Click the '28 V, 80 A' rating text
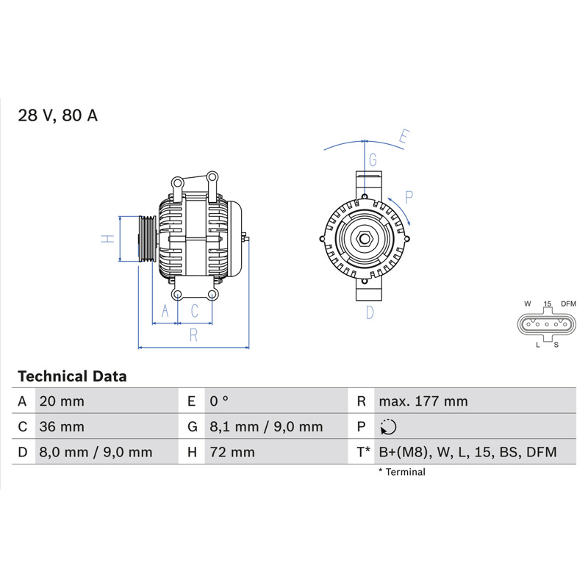[x=58, y=115]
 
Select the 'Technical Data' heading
[x=72, y=376]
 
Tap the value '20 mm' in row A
[x=62, y=401]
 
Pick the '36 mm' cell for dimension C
[x=62, y=427]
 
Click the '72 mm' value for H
[x=232, y=452]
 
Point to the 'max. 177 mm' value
[x=423, y=401]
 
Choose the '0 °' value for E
[x=219, y=401]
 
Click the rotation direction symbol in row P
[x=388, y=427]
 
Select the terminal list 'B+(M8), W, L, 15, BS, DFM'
[x=467, y=452]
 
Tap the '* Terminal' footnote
[x=402, y=472]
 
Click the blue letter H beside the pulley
[x=107, y=238]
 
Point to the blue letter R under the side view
[x=193, y=335]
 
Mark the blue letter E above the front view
[x=404, y=136]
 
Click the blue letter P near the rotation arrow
[x=409, y=197]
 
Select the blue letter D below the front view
[x=370, y=312]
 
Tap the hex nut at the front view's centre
[x=364, y=239]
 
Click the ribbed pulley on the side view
[x=147, y=239]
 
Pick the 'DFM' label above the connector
[x=568, y=304]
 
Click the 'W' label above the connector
[x=528, y=304]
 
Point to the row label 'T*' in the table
[x=363, y=452]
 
